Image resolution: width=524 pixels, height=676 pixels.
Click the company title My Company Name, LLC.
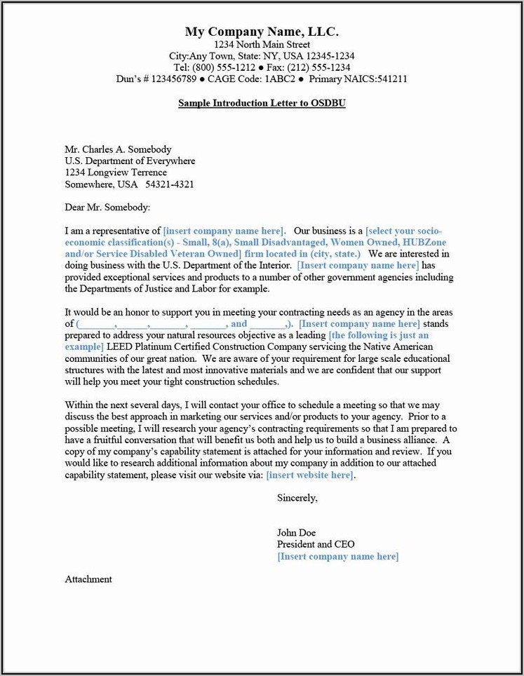pos(262,32)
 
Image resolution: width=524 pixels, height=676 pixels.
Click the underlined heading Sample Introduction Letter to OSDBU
pos(262,103)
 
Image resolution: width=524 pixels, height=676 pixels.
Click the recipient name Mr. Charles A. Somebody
pos(118,149)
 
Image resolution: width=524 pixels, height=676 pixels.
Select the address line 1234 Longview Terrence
pos(116,173)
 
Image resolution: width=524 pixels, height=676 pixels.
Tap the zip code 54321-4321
pos(170,184)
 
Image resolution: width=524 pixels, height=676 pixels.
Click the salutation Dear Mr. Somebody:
pos(107,208)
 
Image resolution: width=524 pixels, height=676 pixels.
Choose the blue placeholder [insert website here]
pos(310,475)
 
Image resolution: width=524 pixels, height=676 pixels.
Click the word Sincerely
pos(297,498)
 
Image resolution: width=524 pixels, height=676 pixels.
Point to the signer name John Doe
pos(296,533)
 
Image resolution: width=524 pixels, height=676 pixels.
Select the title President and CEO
pos(316,544)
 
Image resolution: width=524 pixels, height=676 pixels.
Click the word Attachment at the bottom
pos(88,579)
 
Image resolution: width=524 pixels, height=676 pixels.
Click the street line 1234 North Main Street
pos(262,45)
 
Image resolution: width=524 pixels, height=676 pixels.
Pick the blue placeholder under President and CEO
pos(337,556)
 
